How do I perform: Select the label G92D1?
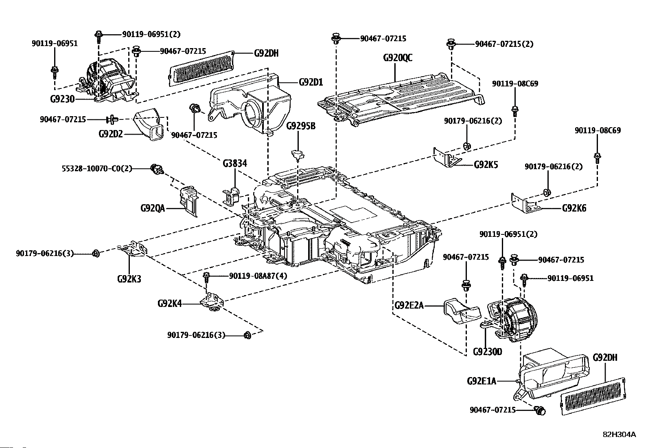(311, 82)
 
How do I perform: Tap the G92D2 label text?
(111, 134)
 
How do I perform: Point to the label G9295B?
(301, 126)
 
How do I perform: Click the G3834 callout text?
(234, 164)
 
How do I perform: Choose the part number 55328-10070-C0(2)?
(97, 168)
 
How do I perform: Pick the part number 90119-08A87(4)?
(258, 276)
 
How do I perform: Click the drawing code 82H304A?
(619, 435)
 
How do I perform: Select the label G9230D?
(488, 351)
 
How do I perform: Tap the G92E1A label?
(482, 382)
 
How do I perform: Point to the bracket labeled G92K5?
(447, 158)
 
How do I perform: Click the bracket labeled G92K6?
(525, 203)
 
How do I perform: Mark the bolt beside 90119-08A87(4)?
(206, 278)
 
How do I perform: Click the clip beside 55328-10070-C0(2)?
(156, 168)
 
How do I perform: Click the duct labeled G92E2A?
(461, 312)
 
